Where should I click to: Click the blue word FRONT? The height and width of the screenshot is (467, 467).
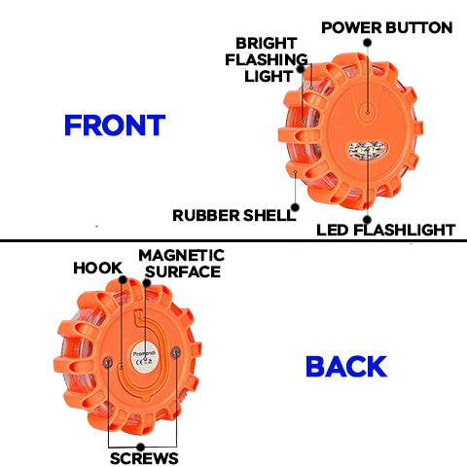pyautogui.click(x=115, y=126)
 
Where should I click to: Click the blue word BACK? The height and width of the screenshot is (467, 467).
pyautogui.click(x=345, y=366)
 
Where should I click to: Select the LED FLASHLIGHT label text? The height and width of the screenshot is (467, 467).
pyautogui.click(x=386, y=231)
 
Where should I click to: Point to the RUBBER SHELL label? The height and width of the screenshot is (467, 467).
pyautogui.click(x=233, y=214)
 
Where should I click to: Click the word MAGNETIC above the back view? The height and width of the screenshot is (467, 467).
pyautogui.click(x=182, y=255)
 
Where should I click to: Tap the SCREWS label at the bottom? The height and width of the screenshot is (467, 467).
pyautogui.click(x=145, y=457)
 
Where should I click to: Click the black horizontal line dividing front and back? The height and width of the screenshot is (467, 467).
pyautogui.click(x=233, y=240)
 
